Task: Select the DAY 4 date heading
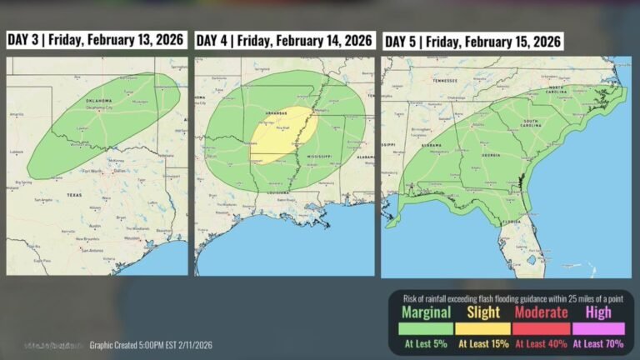point(283,40)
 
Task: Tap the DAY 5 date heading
point(472,41)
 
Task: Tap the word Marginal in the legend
point(426,312)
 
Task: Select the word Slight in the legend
point(482,312)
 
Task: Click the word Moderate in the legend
point(541,312)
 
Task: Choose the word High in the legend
point(597,312)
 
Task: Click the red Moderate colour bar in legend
point(541,328)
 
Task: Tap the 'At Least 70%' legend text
point(597,342)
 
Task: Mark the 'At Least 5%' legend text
point(426,342)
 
